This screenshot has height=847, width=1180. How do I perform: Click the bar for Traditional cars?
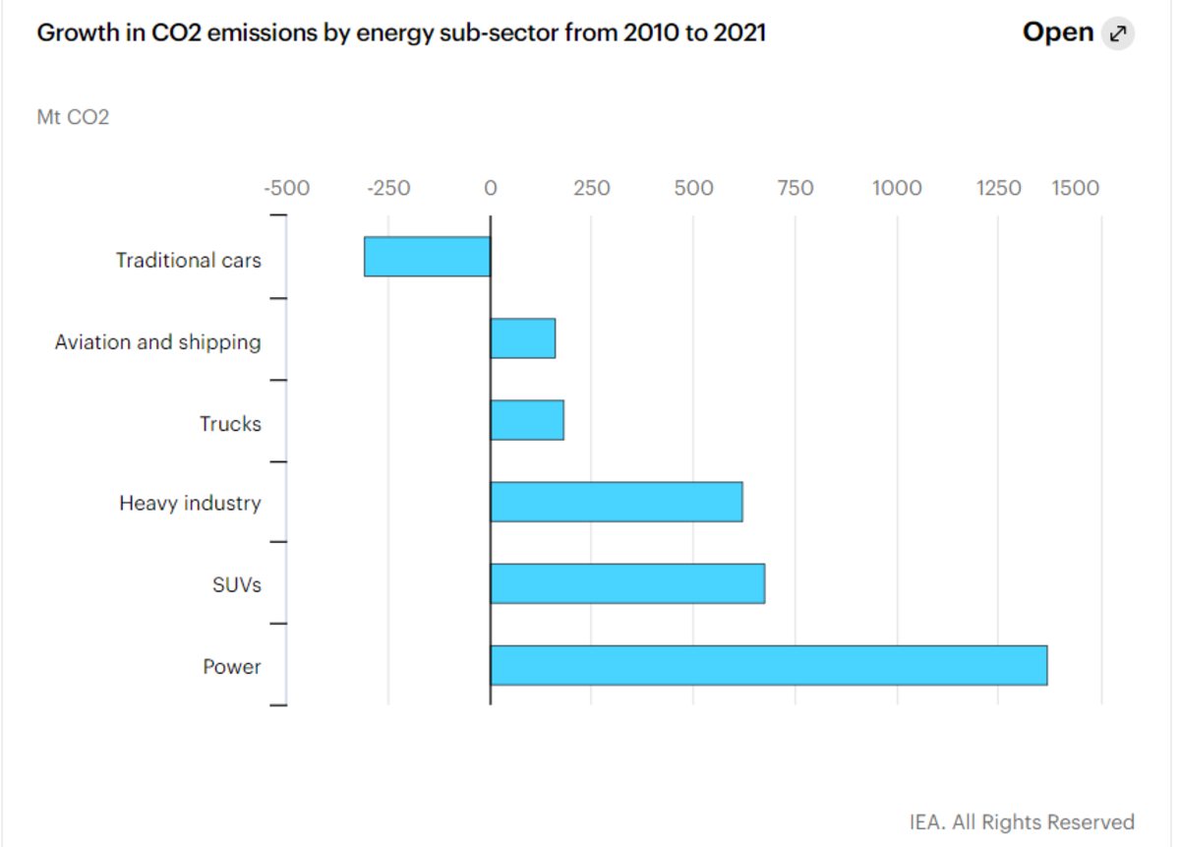pos(427,257)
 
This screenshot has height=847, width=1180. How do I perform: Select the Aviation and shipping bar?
pos(522,338)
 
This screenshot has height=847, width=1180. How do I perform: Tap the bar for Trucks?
pos(527,420)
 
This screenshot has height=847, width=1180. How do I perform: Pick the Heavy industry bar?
pos(616,502)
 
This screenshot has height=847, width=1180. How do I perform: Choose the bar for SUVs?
pos(627,583)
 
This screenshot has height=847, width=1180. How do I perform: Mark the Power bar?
pos(768,665)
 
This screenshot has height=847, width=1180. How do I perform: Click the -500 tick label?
pos(286,188)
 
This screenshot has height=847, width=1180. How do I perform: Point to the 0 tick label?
pos(490,188)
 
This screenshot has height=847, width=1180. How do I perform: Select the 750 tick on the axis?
pos(795,188)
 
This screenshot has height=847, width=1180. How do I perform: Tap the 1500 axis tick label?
pos(1075,188)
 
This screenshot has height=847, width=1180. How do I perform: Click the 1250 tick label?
pos(999,188)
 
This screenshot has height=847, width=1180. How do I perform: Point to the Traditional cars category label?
pos(188,261)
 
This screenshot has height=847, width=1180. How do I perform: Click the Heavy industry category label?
pos(190,504)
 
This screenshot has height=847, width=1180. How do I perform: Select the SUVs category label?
pos(236,585)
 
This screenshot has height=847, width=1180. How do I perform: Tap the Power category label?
pos(232,667)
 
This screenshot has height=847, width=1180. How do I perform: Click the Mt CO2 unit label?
pos(73,117)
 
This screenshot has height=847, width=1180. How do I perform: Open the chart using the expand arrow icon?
pos(1117,33)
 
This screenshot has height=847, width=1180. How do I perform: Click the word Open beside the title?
pos(1058,32)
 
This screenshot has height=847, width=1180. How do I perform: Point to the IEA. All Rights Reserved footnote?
pos(1022,822)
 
